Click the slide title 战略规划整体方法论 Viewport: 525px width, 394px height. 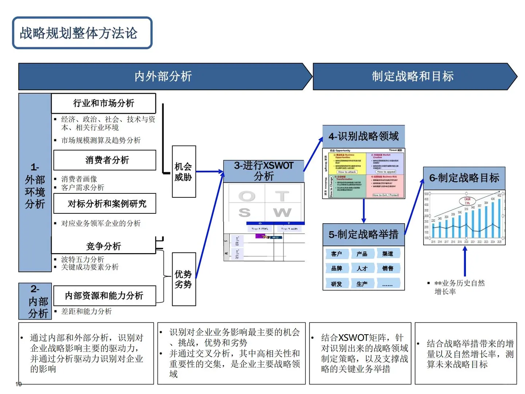[79, 33]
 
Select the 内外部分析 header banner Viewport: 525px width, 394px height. [163, 76]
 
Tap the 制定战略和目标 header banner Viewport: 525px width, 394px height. [413, 76]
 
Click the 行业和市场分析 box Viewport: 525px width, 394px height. [104, 103]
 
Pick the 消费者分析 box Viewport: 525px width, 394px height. [105, 160]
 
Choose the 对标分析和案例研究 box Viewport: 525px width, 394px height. [105, 204]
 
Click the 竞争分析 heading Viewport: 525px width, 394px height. [104, 246]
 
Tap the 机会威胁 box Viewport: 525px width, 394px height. [183, 172]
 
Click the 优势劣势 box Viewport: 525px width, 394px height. [183, 279]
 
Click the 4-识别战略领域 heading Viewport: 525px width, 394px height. [363, 136]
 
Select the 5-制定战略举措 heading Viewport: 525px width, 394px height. [363, 235]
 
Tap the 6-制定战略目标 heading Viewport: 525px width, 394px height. [464, 178]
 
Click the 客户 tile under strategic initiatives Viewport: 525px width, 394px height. [337, 254]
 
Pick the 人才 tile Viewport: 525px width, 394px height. [362, 269]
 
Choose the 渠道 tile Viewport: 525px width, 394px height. [388, 254]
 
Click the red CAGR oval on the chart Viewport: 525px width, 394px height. [467, 201]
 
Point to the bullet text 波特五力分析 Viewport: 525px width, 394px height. [83, 259]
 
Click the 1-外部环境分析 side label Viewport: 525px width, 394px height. [35, 186]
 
